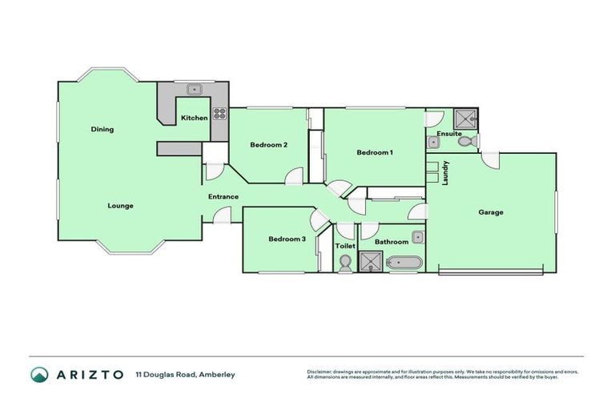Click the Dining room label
pos(102,129)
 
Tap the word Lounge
pos(120,206)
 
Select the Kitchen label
pos(194,118)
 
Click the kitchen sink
pos(193,90)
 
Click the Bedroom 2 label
pos(268,145)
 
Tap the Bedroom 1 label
pos(374,152)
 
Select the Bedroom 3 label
pos(287,239)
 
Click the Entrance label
pos(223,197)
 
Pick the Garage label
pos(490,212)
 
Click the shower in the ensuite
pos(464,119)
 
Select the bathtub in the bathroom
pos(403,262)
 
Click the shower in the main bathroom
pos(371,262)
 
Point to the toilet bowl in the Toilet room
pos(345,263)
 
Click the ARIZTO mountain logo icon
pos(39,374)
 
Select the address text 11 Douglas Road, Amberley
pos(185,374)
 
